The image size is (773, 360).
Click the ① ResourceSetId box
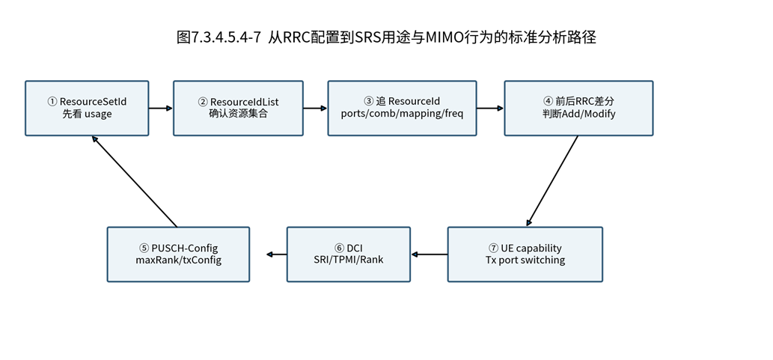[87, 108]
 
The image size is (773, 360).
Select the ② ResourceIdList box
[238, 108]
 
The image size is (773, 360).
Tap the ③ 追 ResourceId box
[403, 108]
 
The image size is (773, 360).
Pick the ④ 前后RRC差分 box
[578, 108]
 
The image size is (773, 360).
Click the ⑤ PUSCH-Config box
[178, 254]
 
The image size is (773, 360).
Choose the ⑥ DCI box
[349, 254]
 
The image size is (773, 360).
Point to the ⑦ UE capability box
[525, 254]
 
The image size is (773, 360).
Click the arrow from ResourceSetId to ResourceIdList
[161, 108]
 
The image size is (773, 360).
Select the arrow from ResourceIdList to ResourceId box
[316, 108]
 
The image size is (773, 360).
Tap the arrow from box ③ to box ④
[490, 108]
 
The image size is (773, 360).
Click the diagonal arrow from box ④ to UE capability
[552, 181]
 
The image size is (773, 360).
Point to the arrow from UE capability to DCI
[429, 254]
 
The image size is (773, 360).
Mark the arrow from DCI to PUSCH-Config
[277, 254]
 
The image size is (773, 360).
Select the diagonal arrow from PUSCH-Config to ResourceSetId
[134, 181]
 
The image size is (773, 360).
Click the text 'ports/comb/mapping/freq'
[403, 115]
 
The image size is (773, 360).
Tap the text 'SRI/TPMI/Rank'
[349, 260]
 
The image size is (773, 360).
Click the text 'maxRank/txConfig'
[178, 260]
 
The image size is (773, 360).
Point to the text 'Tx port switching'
[525, 260]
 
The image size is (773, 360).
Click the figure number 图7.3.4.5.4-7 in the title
[219, 37]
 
